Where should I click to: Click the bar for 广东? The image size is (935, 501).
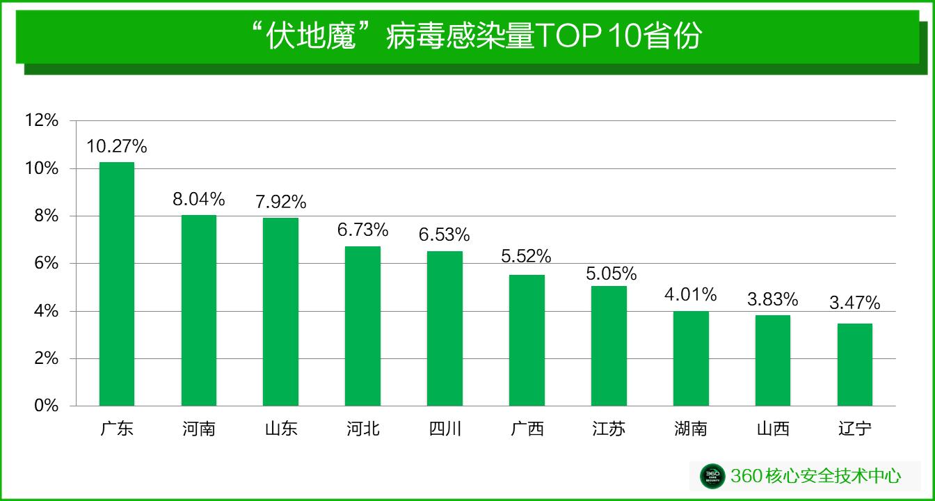[117, 284]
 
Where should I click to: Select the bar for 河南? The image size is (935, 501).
[199, 310]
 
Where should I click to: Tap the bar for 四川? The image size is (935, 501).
[445, 328]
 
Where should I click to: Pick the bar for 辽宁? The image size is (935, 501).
[854, 365]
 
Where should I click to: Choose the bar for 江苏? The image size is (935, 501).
[609, 346]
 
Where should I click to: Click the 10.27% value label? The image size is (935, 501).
[117, 147]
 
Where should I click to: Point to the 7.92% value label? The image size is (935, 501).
[280, 202]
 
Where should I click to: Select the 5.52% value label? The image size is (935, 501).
[526, 257]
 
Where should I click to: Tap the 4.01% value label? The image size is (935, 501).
[690, 294]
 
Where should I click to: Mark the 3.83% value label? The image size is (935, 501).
[772, 299]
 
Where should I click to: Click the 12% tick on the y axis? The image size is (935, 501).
[42, 121]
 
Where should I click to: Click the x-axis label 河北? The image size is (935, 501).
[362, 429]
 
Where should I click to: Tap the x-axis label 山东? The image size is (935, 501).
[280, 429]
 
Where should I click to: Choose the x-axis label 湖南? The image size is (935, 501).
[690, 429]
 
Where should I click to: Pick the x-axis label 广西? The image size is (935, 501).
[526, 429]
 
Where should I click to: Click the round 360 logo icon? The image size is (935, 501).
[712, 476]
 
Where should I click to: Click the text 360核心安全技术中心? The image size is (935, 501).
[815, 476]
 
